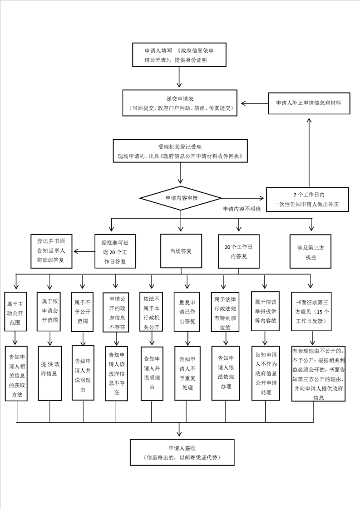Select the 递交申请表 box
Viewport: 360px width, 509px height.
pos(180,103)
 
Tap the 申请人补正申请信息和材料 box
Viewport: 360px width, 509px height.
pos(309,103)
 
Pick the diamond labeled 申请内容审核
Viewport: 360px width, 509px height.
pos(181,198)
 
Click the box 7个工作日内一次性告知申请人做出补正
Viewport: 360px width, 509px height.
pos(309,199)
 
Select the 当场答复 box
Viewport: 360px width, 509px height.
pos(181,251)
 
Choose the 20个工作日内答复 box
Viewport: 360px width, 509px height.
pos(238,251)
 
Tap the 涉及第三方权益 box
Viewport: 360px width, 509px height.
pos(311,251)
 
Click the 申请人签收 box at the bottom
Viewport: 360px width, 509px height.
pos(181,452)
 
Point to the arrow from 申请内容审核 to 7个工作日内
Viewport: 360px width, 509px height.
pos(242,198)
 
